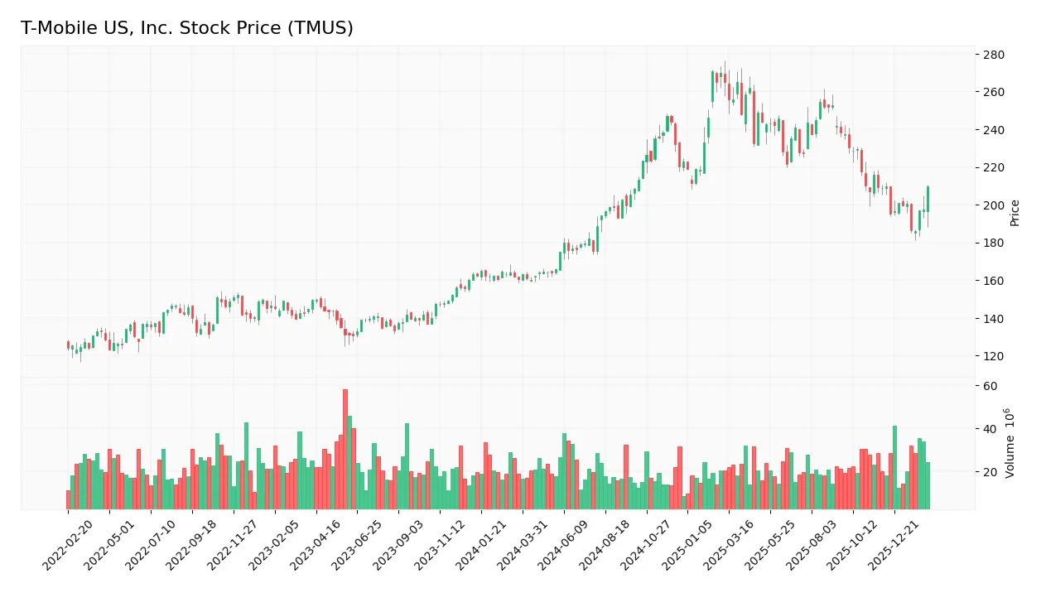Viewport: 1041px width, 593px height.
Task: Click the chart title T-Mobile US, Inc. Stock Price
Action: (187, 28)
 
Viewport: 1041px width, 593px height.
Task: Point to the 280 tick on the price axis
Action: (993, 55)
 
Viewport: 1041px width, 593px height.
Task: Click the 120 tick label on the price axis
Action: (993, 356)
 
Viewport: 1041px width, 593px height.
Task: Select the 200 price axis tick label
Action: (993, 205)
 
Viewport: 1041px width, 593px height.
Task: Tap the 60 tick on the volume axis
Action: (990, 386)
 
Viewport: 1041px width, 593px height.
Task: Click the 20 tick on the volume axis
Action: (990, 472)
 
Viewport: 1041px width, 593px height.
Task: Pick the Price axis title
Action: (1015, 213)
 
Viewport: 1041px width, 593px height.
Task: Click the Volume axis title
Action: (1010, 443)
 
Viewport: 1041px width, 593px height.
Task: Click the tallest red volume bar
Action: (345, 449)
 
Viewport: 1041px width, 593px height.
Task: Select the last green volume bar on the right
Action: (928, 485)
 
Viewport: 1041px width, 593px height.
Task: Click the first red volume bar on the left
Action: (69, 499)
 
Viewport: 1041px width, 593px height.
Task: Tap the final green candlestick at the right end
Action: (928, 199)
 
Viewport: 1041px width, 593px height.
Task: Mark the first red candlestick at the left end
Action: (69, 345)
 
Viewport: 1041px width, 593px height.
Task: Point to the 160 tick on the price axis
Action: (993, 281)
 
